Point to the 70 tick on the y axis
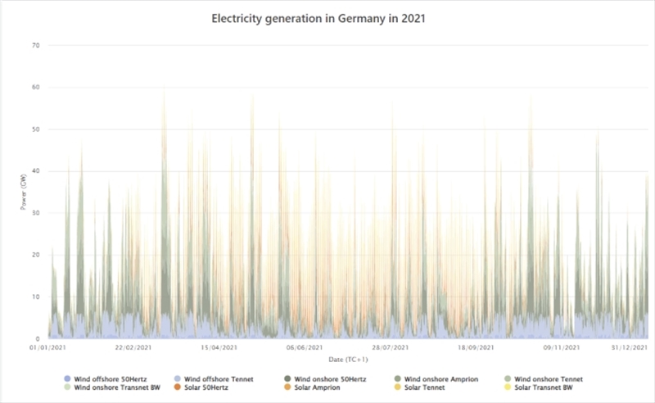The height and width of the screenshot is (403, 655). tap(35, 45)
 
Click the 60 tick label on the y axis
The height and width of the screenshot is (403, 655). tap(35, 88)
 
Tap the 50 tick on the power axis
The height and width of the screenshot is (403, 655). tap(35, 129)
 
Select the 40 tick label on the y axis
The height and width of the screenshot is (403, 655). tap(35, 171)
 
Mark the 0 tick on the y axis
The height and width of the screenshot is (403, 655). tap(38, 338)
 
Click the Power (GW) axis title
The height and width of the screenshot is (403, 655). tap(24, 192)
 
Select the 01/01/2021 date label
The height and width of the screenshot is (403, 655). tap(47, 348)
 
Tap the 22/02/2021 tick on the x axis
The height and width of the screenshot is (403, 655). tap(133, 348)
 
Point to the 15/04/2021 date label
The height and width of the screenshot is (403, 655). tap(219, 348)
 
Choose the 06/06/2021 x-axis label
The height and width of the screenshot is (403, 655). tap(304, 348)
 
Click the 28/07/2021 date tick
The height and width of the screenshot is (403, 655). tap(390, 348)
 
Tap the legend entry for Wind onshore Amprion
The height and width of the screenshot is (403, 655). tap(440, 378)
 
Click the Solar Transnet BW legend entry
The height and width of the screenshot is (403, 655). tap(549, 387)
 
